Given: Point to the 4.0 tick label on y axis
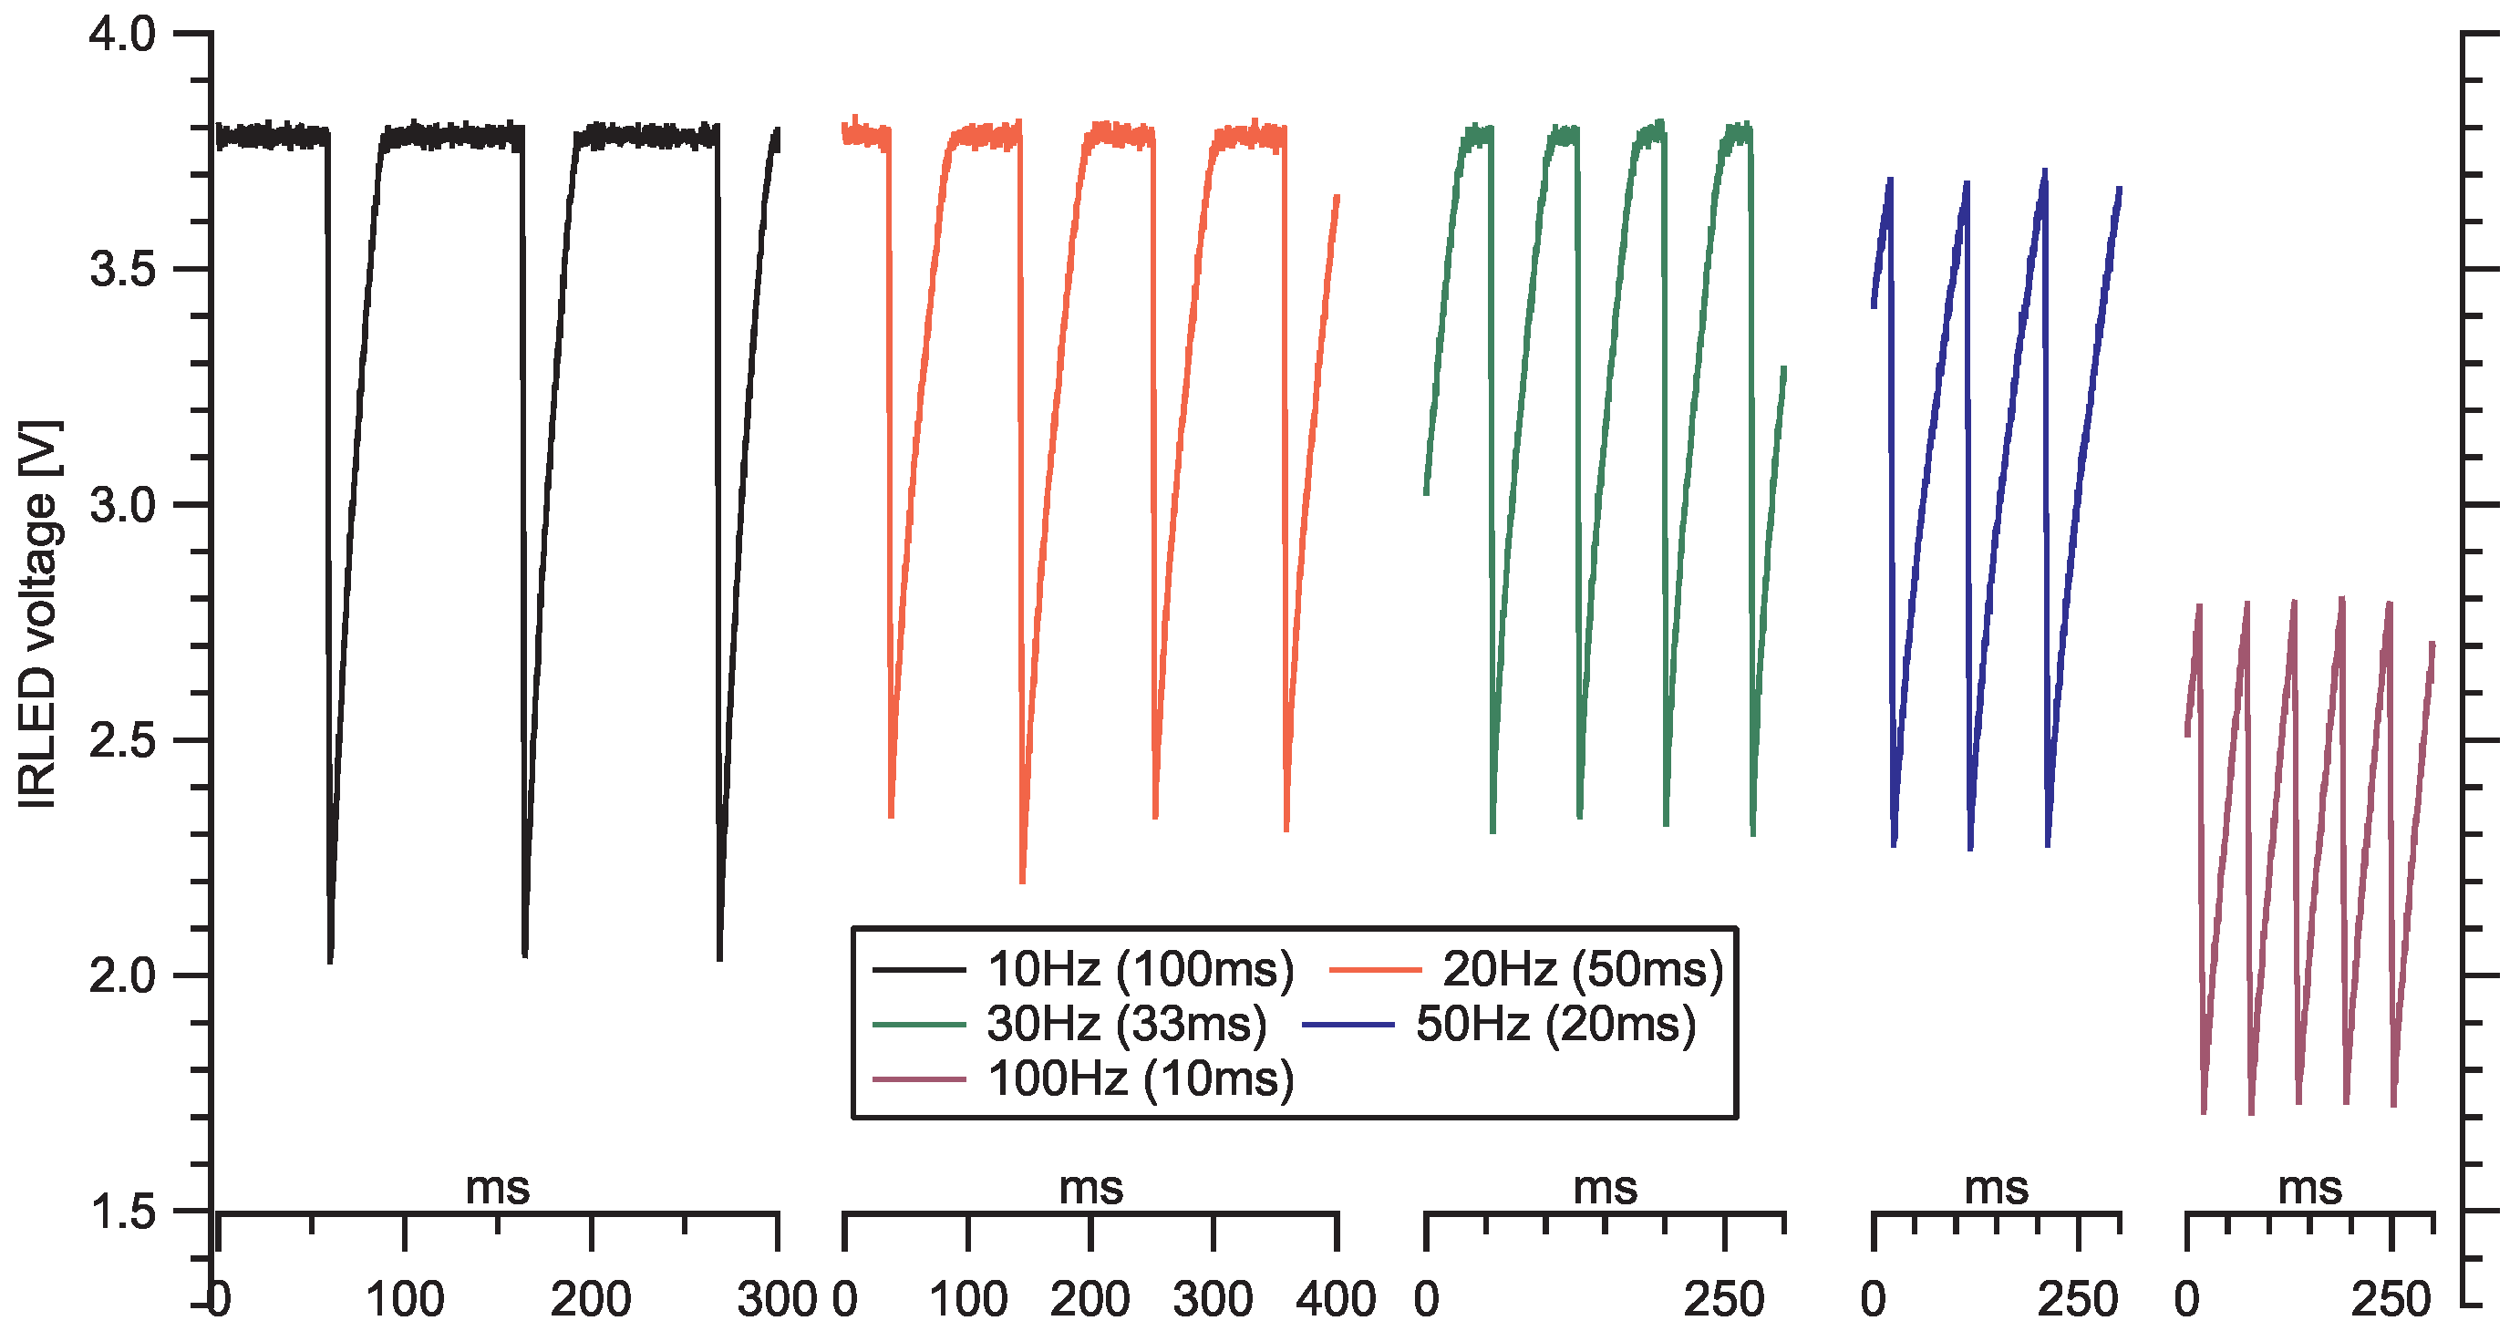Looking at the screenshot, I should click(x=122, y=36).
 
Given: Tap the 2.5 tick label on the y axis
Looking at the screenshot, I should click(x=122, y=740).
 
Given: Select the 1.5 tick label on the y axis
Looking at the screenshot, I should click(x=122, y=1212).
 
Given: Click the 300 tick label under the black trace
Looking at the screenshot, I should click(x=777, y=1301).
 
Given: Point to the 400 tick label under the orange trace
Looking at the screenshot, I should click(x=1337, y=1301).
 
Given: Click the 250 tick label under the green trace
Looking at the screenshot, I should click(x=1724, y=1301).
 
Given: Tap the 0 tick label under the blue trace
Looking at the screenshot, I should click(x=1873, y=1301).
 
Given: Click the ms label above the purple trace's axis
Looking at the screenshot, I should click(x=2309, y=1189).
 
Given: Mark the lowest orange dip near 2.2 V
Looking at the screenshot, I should click(x=1022, y=880).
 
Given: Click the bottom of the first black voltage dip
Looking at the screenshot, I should click(x=330, y=960).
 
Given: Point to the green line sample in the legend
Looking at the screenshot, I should click(x=919, y=1025).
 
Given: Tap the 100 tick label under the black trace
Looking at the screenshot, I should click(x=404, y=1301).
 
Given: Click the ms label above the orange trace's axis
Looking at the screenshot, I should click(x=1090, y=1189).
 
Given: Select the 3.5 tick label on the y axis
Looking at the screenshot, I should click(x=122, y=270).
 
